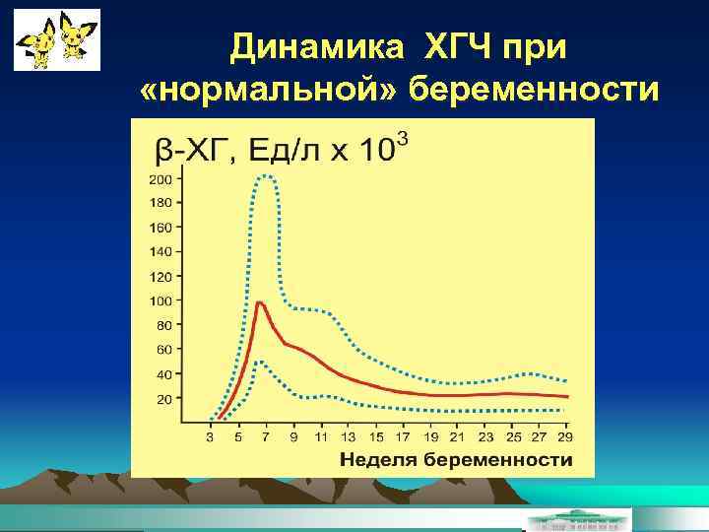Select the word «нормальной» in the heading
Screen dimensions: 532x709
click(269, 91)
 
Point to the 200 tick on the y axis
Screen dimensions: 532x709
click(160, 179)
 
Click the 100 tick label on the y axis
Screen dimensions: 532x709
click(160, 300)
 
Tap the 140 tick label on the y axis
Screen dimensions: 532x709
click(160, 252)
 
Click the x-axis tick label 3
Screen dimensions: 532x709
click(211, 436)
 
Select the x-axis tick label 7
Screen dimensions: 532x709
click(266, 436)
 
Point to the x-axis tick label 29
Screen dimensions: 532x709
click(565, 436)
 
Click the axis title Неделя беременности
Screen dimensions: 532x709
click(456, 460)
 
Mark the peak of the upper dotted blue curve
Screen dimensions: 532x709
click(264, 176)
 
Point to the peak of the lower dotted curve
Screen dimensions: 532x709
click(259, 362)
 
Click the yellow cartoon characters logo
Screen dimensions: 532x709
click(57, 40)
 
